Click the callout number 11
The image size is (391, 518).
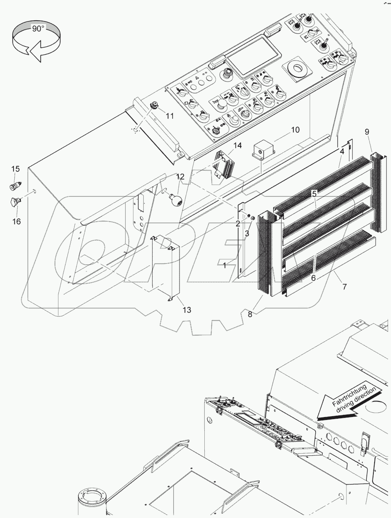coord(169,116)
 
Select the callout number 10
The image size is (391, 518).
coord(295,130)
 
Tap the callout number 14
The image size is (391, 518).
coord(238,146)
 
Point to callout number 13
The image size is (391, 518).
coord(187,310)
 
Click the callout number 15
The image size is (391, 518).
coord(15,169)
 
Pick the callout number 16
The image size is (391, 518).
coord(16,221)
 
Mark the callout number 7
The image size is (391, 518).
coord(344,287)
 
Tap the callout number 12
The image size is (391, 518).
coord(180,177)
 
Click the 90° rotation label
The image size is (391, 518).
coord(37,29)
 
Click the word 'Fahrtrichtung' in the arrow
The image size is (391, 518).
coord(349,394)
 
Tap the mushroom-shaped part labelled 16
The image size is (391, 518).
coord(15,202)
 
